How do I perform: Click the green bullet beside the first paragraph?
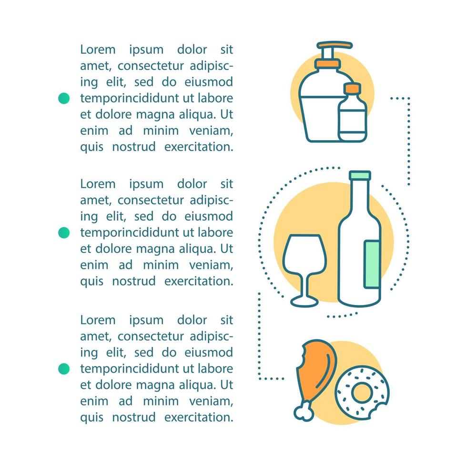pos(64,98)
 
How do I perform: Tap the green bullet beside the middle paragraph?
pos(64,233)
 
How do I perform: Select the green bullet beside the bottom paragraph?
pos(64,369)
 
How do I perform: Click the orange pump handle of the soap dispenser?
pos(335,45)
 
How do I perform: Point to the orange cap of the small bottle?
pos(352,89)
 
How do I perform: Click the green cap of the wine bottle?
pos(360,175)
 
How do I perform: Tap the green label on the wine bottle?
pos(372,264)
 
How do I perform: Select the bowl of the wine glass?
pos(305,254)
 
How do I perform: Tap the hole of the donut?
pos(362,392)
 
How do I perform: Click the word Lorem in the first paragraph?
pos(98,50)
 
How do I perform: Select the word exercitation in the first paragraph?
pos(199,147)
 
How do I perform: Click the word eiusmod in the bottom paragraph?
pos(209,353)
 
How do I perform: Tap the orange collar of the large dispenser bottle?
pos(328,63)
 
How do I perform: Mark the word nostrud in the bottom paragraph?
pos(134,417)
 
